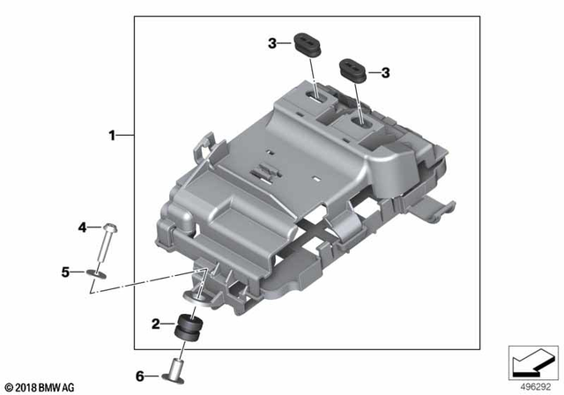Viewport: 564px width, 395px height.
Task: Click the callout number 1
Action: [112, 135]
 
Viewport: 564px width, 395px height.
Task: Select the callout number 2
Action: [157, 324]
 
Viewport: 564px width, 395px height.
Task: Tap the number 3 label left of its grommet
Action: [273, 41]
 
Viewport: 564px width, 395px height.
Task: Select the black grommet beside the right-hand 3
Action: [353, 69]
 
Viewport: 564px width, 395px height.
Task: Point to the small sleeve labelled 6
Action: [175, 364]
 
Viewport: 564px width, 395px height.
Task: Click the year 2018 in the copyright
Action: [29, 387]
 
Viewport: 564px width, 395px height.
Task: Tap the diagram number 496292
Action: [532, 386]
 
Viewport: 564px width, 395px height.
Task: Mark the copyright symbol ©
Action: [8, 387]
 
